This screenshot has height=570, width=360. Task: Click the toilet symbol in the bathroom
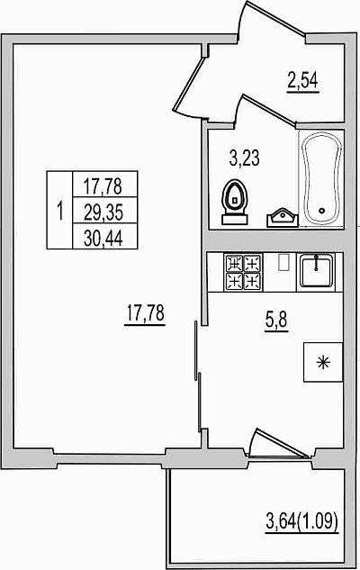point(234,203)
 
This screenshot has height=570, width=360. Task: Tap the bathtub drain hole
point(321,210)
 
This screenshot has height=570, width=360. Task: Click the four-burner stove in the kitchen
point(244,273)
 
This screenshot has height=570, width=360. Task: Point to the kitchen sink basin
point(317,271)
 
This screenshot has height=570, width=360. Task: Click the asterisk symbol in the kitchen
point(322,362)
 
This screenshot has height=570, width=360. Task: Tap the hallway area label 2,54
point(303,81)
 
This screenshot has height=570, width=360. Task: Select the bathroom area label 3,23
point(245,158)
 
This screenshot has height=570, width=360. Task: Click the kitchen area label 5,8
point(277,321)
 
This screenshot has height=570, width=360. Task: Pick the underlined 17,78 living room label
point(145,313)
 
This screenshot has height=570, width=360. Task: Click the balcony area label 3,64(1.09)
point(302,522)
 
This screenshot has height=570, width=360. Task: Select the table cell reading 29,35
point(103,213)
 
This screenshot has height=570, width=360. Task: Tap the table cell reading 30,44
point(103,238)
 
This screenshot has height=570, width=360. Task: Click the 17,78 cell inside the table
point(103,186)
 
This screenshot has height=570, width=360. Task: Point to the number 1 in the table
point(60,211)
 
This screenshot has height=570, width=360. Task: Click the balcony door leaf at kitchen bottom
point(278,442)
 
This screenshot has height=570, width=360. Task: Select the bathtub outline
point(322,179)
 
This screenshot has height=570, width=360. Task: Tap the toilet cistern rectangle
point(235,219)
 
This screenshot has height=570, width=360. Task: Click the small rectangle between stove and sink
point(283,262)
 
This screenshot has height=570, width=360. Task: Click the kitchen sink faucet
point(317,262)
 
